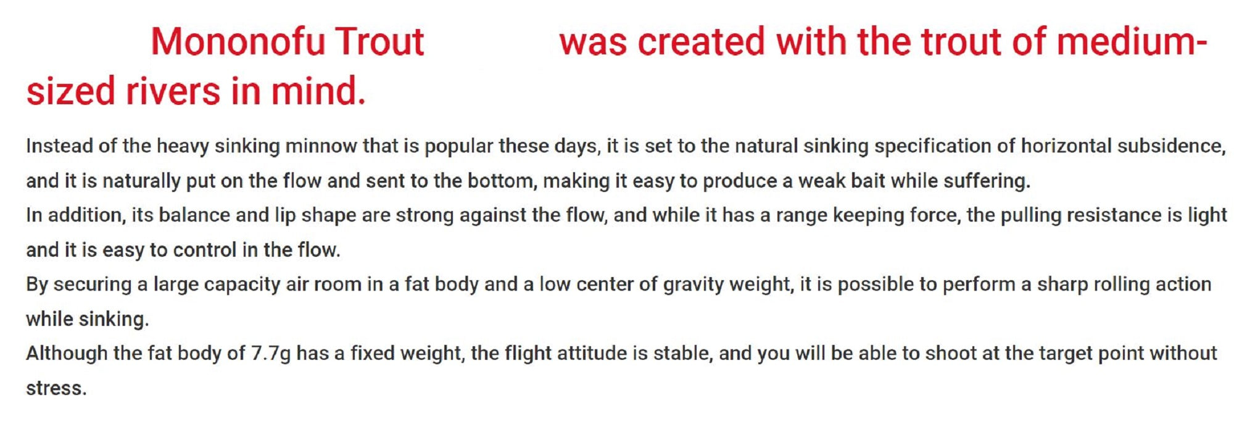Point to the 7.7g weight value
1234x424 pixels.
click(271, 354)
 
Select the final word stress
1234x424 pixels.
click(56, 389)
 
